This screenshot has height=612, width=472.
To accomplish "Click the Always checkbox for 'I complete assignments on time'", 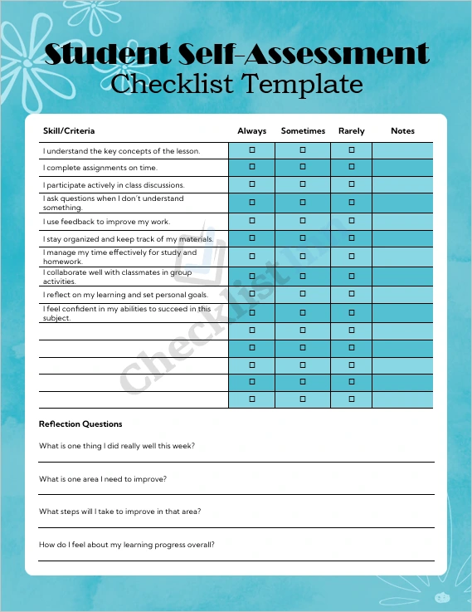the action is pos(252,168).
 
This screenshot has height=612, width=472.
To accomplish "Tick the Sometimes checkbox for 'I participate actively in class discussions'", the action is pos(303,184).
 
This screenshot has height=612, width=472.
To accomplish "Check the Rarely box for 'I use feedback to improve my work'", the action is pos(352,222).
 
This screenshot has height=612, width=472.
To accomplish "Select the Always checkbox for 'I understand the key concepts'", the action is pos(252,150).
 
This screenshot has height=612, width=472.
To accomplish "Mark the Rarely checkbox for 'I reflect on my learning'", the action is pos(352,295).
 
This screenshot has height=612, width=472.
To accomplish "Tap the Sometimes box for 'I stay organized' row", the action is pos(303,239).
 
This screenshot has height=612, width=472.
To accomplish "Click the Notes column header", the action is pos(402,131).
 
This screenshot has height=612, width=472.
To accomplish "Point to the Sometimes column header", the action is pos(303,131).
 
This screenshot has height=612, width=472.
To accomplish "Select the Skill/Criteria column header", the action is pos(69,131).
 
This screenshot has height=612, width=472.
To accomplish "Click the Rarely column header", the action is pos(352,131).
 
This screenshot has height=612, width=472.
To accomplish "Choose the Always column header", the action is pos(252,131).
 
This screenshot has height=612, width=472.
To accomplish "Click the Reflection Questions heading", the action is pos(80,424).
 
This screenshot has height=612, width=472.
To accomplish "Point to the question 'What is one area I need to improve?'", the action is pos(103,479).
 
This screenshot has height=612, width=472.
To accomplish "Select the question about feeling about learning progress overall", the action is pos(127,545).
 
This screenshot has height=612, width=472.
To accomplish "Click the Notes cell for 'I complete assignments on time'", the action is pos(402,168).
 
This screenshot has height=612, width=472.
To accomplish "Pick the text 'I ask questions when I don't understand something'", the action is pos(113,203).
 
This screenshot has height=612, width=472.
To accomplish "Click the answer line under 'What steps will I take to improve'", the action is pos(236,526).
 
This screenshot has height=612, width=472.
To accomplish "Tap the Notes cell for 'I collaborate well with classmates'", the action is pos(402,277).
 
